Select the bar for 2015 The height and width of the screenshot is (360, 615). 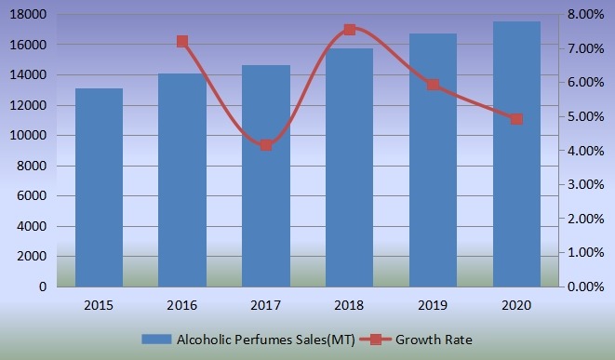point(99,187)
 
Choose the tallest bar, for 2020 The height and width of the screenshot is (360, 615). point(516,153)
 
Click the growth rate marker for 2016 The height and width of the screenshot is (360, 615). point(182,42)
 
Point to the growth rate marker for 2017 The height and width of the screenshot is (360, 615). point(266,145)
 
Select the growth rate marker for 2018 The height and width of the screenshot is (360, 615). point(350,30)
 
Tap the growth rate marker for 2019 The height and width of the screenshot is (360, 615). point(434,85)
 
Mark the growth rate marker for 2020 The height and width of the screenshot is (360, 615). point(516,119)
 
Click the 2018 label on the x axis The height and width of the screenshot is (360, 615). point(350,305)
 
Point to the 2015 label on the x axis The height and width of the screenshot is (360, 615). point(99,305)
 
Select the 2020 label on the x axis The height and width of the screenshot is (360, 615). point(516,305)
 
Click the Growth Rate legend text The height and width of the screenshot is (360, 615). point(433,340)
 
